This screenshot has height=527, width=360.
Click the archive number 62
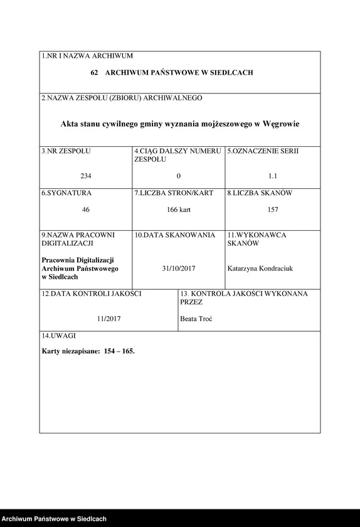click(x=94, y=73)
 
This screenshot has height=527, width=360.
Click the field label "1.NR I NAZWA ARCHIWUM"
click(x=87, y=56)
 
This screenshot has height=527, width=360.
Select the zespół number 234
click(x=86, y=176)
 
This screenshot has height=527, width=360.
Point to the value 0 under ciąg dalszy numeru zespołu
click(x=179, y=176)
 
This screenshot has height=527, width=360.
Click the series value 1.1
click(x=272, y=176)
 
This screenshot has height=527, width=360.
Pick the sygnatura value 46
click(x=86, y=210)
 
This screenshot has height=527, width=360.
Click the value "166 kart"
click(x=179, y=210)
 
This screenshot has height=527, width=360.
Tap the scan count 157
click(x=272, y=210)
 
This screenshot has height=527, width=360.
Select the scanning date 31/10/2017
click(x=179, y=269)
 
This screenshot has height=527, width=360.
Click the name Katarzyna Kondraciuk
click(x=260, y=269)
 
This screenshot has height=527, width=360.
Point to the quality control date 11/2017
click(x=109, y=319)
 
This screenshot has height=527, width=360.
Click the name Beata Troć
click(x=196, y=319)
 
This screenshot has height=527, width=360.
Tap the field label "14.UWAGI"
click(x=58, y=337)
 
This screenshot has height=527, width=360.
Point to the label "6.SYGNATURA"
click(x=66, y=193)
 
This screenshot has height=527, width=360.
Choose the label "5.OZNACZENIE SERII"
click(x=263, y=151)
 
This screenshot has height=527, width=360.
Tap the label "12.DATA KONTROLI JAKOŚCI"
click(x=92, y=294)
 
